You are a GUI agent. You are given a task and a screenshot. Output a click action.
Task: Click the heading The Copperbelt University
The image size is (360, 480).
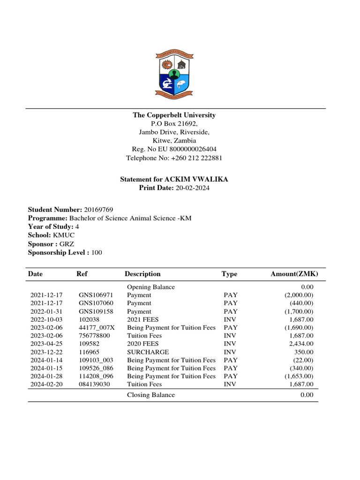(x=174, y=115)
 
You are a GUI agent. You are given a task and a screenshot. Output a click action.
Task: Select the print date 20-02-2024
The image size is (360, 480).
(x=193, y=188)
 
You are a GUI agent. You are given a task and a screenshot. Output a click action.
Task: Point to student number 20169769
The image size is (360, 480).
(x=98, y=210)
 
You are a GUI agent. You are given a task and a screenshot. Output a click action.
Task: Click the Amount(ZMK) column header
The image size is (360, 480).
(x=294, y=274)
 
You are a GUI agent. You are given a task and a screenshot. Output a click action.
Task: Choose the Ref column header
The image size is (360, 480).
(x=82, y=274)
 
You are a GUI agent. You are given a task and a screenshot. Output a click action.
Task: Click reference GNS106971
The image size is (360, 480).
(x=96, y=295)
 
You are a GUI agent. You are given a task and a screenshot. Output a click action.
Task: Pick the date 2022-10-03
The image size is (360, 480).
(x=46, y=320)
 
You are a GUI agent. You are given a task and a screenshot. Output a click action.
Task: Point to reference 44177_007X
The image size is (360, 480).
(x=97, y=328)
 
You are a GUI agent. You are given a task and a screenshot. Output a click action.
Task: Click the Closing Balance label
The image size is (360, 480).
(x=151, y=395)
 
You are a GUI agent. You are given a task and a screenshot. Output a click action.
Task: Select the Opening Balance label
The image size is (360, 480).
(x=151, y=287)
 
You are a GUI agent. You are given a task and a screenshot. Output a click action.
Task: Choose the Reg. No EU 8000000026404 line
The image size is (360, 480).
(x=174, y=150)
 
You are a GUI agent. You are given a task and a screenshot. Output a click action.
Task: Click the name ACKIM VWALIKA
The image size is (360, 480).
(x=196, y=180)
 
